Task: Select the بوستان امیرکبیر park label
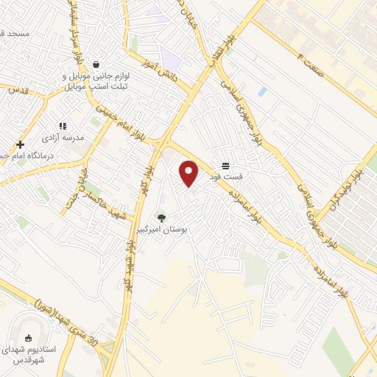pyautogui.click(x=169, y=230)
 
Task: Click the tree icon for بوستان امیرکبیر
pyautogui.click(x=162, y=218)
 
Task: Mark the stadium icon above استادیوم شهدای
pyautogui.click(x=29, y=339)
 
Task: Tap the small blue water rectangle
pyautogui.click(x=262, y=92)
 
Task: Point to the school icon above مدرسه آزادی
pyautogui.click(x=63, y=126)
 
